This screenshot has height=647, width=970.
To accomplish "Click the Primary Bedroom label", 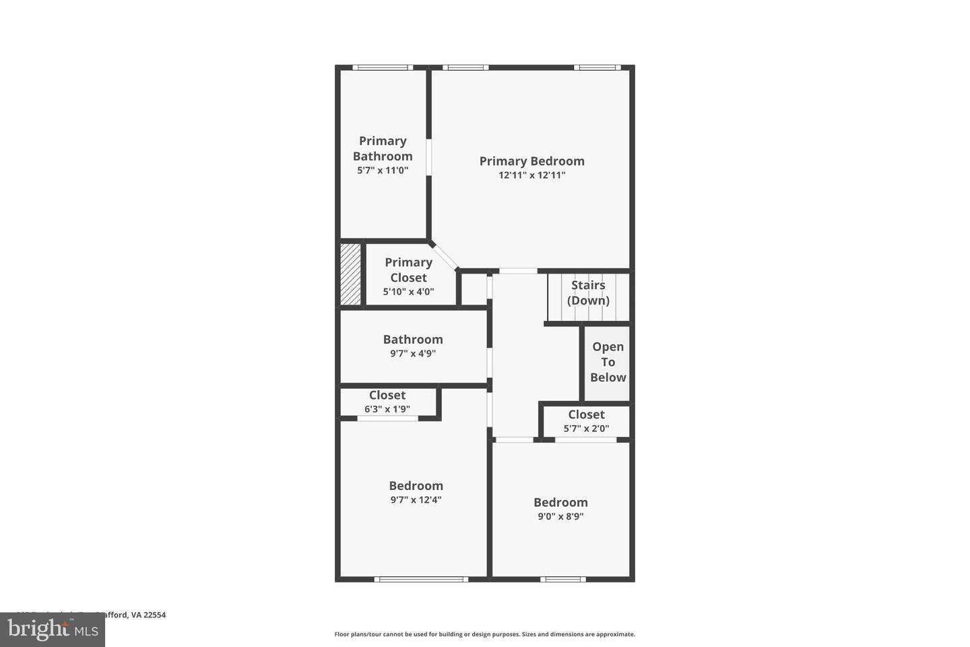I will (x=531, y=161).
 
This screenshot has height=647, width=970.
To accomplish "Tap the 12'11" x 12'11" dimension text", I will (x=531, y=175).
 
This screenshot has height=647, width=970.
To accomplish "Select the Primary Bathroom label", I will (x=383, y=148).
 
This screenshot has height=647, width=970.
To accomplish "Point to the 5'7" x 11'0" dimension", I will (x=383, y=171).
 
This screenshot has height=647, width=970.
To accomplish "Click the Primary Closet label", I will (x=408, y=270).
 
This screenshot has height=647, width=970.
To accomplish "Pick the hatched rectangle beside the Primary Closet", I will (x=350, y=274).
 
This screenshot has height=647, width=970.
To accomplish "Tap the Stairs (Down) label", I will (x=588, y=292).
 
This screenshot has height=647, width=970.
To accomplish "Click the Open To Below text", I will (x=608, y=362).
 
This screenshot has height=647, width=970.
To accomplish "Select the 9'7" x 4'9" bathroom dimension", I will (x=413, y=353).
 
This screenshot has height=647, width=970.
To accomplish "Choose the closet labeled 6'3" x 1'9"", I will (x=387, y=402).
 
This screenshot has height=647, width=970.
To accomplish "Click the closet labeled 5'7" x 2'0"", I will (x=586, y=421).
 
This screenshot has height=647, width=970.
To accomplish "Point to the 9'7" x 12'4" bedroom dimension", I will (x=416, y=500).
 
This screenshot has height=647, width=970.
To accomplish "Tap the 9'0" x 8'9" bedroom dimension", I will (x=560, y=517).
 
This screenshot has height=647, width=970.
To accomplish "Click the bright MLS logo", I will (x=53, y=630).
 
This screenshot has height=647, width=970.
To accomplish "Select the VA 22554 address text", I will (x=148, y=615).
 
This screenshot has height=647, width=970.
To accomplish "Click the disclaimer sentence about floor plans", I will (x=484, y=634).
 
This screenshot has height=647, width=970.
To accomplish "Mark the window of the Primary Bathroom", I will (x=383, y=67).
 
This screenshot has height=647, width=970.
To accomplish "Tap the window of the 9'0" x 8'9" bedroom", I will (x=562, y=579).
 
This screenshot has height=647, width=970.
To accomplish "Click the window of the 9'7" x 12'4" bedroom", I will (x=421, y=579).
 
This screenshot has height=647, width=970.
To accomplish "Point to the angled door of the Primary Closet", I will (x=444, y=255).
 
